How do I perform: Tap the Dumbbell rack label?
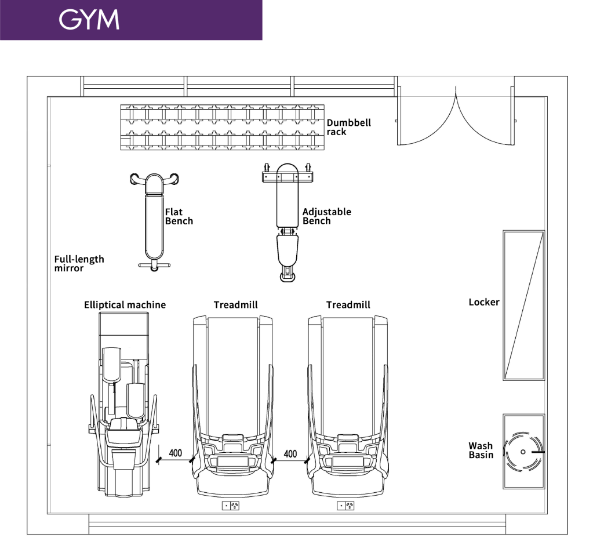click(349, 127)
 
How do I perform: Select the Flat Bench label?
click(179, 216)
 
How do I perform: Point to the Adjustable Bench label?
click(327, 216)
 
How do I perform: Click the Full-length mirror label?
click(79, 264)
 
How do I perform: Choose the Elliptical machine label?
click(125, 305)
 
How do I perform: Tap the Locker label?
click(484, 302)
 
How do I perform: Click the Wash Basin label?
click(481, 450)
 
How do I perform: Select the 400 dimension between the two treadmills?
click(290, 454)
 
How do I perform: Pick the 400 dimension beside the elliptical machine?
click(176, 453)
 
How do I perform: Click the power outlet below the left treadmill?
click(231, 506)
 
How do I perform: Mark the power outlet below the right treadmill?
click(345, 506)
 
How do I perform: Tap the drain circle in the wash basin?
click(523, 452)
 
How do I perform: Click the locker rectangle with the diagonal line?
click(524, 305)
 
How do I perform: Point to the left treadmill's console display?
click(232, 462)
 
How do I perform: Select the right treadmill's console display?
click(348, 462)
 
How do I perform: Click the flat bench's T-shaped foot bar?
click(154, 266)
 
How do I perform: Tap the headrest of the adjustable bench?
click(288, 173)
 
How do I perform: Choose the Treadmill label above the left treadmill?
click(235, 305)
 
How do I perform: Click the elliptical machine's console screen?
click(122, 437)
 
